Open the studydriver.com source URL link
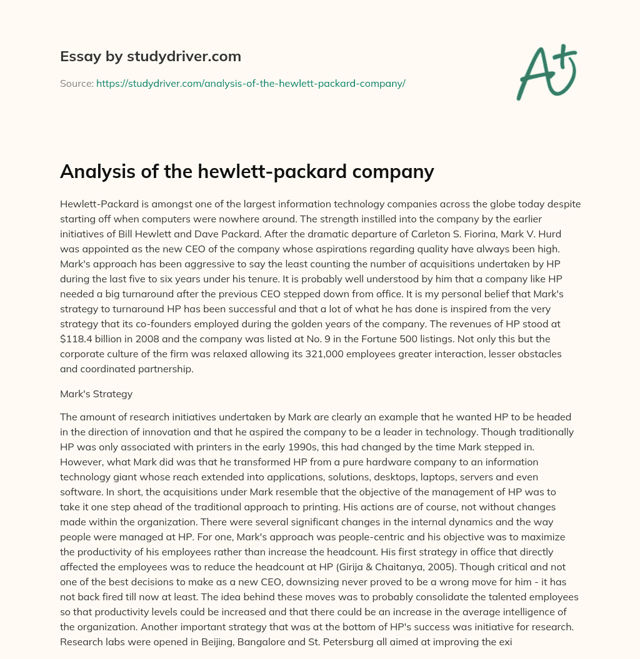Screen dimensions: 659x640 point(251,83)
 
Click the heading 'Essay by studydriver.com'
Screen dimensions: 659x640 point(150,57)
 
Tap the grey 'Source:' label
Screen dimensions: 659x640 point(76,83)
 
